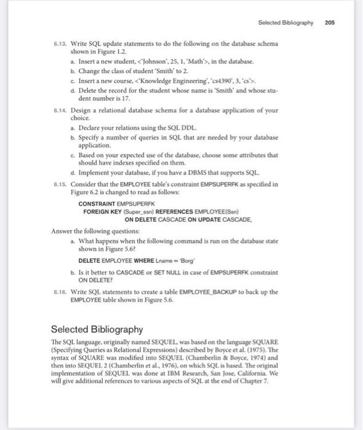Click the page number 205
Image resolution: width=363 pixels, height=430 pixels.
pyautogui.click(x=329, y=22)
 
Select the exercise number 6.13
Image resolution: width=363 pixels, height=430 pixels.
pyautogui.click(x=60, y=44)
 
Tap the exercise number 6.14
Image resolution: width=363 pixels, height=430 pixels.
pyautogui.click(x=60, y=110)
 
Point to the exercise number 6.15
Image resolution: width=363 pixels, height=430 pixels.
pyautogui.click(x=60, y=183)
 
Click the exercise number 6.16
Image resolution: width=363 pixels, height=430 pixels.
pyautogui.click(x=60, y=292)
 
